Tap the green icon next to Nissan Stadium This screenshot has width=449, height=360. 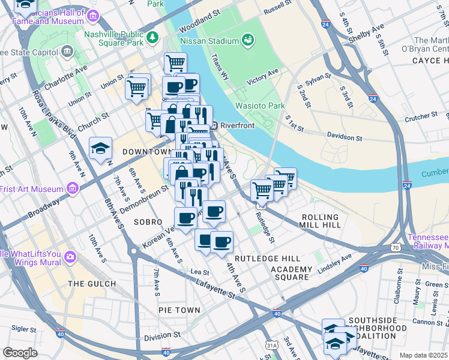click(x=247, y=40)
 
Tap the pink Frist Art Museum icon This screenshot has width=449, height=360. click(x=73, y=190)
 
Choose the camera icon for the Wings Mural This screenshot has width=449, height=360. click(x=70, y=257)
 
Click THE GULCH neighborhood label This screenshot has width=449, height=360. click(x=92, y=284)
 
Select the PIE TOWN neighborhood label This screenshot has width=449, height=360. click(x=179, y=310)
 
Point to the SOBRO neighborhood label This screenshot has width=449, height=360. click(x=148, y=222)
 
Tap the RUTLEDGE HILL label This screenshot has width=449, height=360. click(x=258, y=258)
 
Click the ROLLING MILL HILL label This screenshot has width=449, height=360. click(x=321, y=221)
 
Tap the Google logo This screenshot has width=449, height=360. click(x=20, y=353)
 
